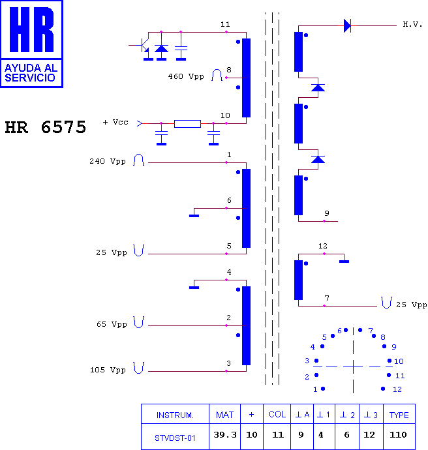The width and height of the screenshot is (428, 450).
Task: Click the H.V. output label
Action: pos(412,24)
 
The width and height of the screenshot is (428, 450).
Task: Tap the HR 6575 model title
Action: pos(46,127)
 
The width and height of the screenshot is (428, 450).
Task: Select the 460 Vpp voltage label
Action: pos(186,76)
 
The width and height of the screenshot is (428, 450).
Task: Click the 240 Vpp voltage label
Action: pos(108,161)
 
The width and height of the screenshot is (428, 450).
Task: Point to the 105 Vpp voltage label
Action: pos(108,370)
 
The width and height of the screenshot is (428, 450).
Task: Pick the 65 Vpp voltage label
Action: pos(112,324)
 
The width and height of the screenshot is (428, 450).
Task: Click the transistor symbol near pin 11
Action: pos(143,46)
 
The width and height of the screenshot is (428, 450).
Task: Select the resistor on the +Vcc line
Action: pos(187,124)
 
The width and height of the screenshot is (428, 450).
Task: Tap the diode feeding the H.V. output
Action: pos(347,26)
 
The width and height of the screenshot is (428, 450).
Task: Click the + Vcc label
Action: pos(115,122)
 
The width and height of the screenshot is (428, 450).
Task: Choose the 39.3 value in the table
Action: pos(225,435)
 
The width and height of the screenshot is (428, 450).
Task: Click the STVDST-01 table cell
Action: pos(175,438)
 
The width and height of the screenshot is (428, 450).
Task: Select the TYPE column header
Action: pos(399,415)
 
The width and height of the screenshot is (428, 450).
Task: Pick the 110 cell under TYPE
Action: pos(398,435)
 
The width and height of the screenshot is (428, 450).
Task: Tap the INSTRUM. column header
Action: pos(175,415)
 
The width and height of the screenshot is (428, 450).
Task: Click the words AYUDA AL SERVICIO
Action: pos(31,73)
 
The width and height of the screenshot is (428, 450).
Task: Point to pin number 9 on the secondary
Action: pos(327,213)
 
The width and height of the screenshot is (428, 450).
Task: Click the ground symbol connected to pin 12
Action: pos(344,262)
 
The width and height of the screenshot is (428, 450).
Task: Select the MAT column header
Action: pos(224,415)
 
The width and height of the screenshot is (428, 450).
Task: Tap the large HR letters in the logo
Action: pos(31,29)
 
